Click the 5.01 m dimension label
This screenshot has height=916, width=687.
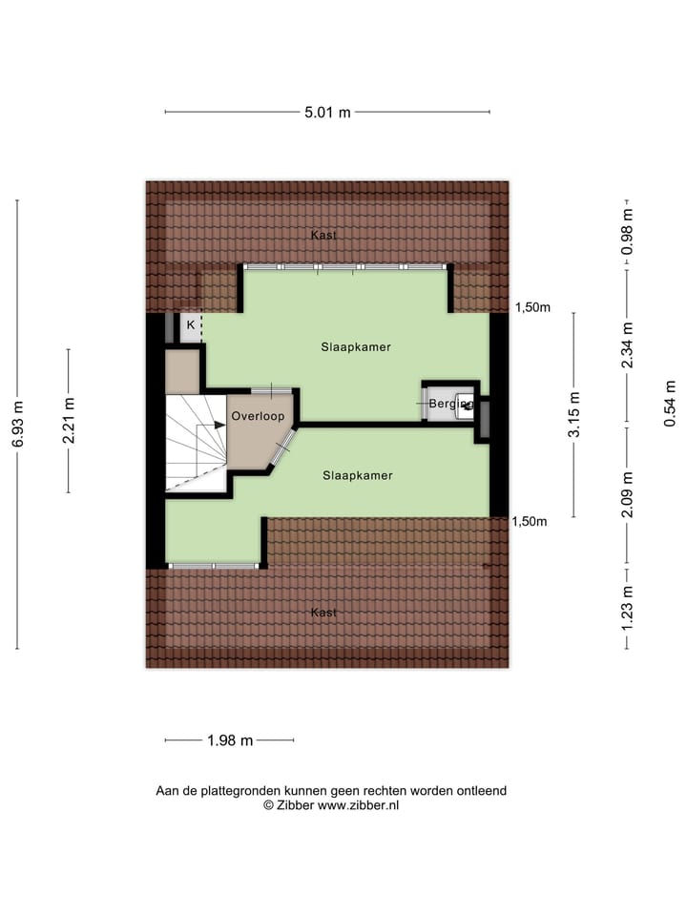click(x=327, y=113)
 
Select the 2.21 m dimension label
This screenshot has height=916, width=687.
click(x=68, y=421)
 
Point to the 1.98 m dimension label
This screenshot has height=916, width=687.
click(x=229, y=740)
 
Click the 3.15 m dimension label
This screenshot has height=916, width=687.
click(x=573, y=415)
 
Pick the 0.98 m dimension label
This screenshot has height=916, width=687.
click(x=627, y=231)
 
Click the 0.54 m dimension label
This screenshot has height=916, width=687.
click(x=670, y=403)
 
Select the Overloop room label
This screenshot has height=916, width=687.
click(x=258, y=416)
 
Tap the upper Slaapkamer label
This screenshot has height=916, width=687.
click(x=356, y=347)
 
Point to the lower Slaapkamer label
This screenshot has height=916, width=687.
click(x=358, y=474)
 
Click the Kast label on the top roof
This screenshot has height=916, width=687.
click(x=323, y=235)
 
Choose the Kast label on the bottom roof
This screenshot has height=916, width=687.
click(x=323, y=613)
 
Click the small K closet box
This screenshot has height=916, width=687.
click(x=191, y=326)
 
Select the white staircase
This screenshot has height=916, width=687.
click(x=195, y=443)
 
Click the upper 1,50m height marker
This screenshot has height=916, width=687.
click(x=532, y=307)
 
